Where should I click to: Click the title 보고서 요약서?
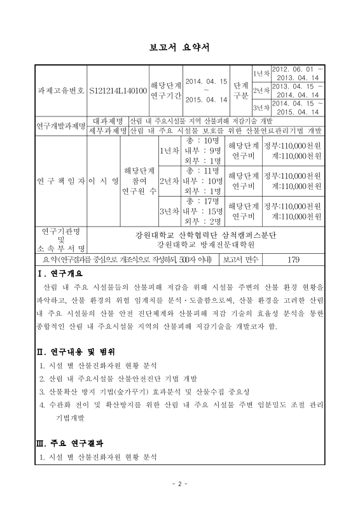coord(179,47)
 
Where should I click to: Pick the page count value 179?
coord(293,260)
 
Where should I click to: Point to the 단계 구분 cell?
coord(240,91)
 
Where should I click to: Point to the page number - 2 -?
coord(179,484)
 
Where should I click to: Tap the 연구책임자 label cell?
coord(60,181)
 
